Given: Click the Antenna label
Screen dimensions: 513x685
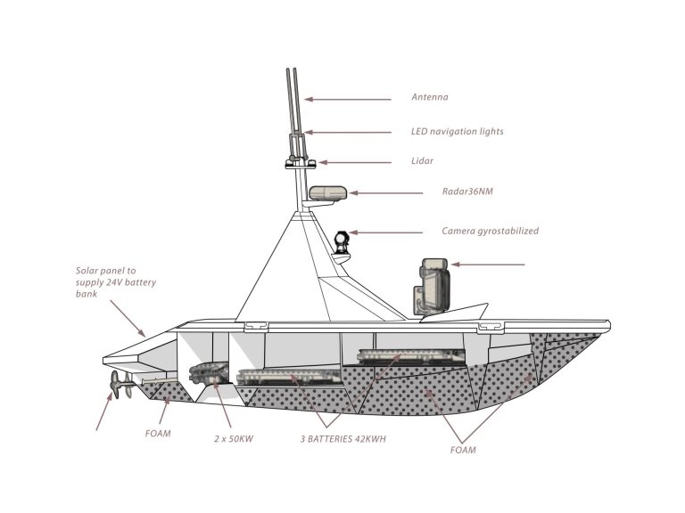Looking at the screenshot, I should (x=430, y=98).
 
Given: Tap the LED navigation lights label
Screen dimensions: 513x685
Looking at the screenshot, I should (x=457, y=132).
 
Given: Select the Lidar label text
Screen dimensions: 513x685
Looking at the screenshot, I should (x=424, y=162).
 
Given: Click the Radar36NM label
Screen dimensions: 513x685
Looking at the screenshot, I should (x=467, y=191).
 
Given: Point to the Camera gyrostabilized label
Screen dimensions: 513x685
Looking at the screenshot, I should (x=490, y=232).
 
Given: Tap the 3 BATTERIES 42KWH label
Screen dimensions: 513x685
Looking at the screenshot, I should (x=342, y=439).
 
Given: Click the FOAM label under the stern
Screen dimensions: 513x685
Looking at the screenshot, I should (x=157, y=436).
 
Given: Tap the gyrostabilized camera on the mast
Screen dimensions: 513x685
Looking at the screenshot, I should (x=342, y=241).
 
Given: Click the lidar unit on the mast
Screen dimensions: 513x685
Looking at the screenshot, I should (x=299, y=162).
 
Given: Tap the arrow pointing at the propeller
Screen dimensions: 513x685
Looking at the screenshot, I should (x=104, y=412).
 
